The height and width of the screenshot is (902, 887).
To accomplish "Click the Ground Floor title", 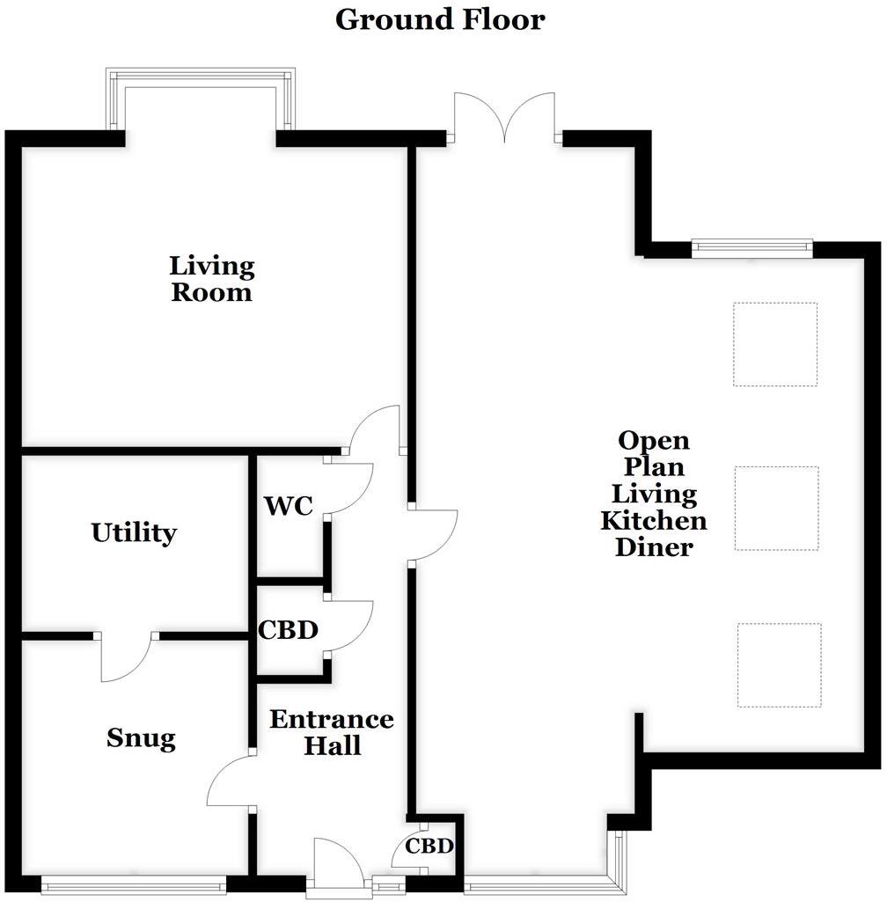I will coord(440,19).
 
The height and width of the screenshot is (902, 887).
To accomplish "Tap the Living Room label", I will coord(212,278).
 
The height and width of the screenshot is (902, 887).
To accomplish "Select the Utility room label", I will coord(134,533).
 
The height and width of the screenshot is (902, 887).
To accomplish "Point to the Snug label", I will coord(141,738).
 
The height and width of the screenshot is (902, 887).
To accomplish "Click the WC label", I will coord(288,507).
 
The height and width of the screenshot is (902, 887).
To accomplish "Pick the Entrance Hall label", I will coord(332,732).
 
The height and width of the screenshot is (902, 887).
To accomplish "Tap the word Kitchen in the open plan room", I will coord(653,520).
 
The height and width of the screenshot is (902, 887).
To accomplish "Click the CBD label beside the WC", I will coord(287,631).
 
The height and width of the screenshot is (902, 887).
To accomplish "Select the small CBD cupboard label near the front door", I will coord(429,847).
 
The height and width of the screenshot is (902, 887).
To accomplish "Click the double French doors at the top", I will coord(504,119).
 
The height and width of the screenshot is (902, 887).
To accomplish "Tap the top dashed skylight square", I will coord(775,344).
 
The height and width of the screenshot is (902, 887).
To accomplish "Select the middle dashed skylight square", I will coord(776,508).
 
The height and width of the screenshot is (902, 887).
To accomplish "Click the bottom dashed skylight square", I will coord(779,665).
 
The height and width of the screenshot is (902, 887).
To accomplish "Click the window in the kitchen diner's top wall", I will coord(751,247).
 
